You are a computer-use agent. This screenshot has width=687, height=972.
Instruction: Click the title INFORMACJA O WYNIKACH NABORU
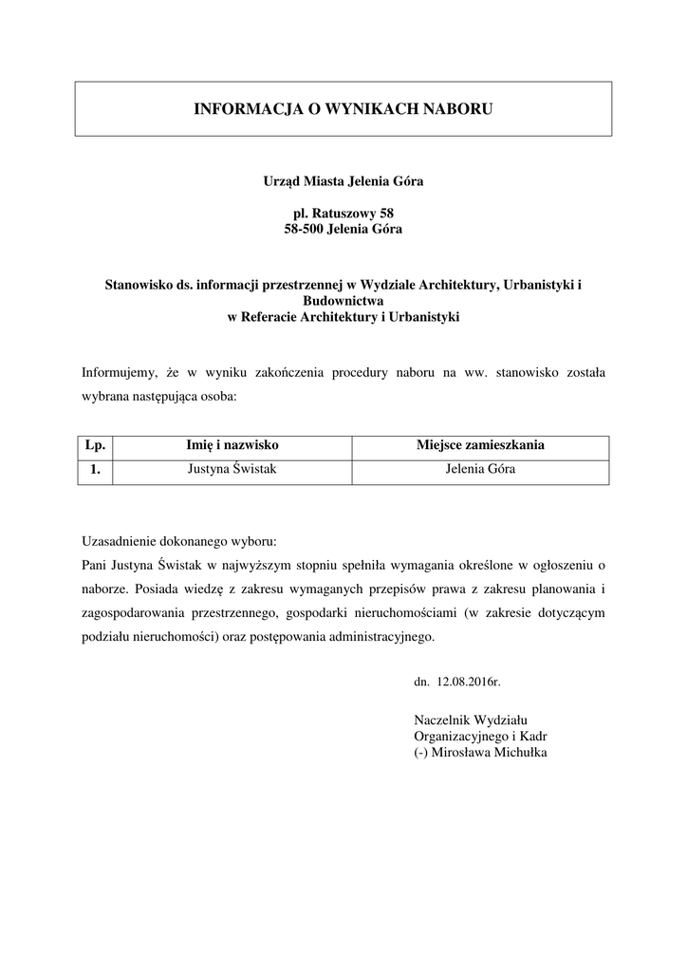tap(343, 110)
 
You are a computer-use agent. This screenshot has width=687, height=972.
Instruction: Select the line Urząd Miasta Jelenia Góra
tap(343, 180)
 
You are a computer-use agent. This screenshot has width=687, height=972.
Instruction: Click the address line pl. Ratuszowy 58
tap(343, 214)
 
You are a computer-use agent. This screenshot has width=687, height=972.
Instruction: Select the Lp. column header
tap(95, 444)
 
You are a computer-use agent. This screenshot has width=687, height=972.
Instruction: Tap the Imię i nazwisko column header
tap(232, 444)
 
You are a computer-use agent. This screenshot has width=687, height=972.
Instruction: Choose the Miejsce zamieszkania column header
tap(480, 444)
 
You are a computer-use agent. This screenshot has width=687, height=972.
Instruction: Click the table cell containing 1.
tap(95, 469)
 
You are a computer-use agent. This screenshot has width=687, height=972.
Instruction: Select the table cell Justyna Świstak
tap(232, 469)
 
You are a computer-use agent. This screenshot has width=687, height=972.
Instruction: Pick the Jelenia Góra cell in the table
tap(480, 469)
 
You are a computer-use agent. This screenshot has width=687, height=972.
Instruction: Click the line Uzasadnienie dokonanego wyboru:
tap(179, 542)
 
